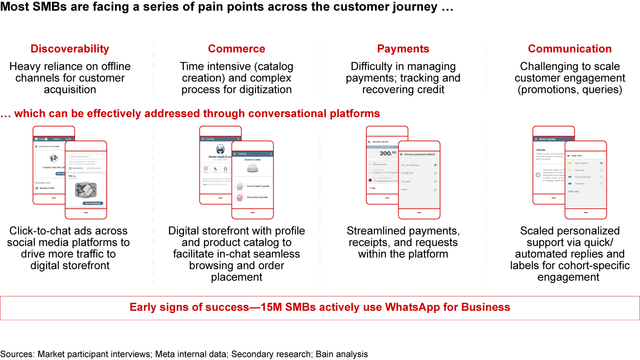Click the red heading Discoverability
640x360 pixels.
point(69,49)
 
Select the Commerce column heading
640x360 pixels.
point(236,49)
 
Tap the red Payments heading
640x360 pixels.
point(403,49)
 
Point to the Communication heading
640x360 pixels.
point(570,49)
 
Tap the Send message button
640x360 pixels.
point(93,203)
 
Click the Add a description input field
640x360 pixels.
point(87,156)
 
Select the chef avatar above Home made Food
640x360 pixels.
point(220,149)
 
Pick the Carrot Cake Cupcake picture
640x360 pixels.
point(240,186)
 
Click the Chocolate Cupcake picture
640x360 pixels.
point(240,197)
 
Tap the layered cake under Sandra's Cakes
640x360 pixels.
point(252,168)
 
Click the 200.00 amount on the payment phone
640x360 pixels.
point(388,153)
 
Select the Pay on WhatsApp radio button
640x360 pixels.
point(435,165)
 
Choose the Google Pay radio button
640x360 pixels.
point(435,173)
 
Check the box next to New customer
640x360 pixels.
point(601,163)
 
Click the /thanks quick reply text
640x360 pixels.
point(540,150)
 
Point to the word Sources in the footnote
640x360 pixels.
point(17,354)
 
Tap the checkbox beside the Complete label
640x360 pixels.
point(601,183)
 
